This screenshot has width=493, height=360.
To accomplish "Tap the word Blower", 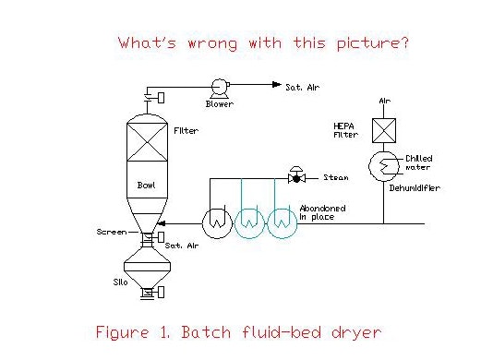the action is click(220, 103).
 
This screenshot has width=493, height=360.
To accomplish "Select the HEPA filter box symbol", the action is click(384, 130).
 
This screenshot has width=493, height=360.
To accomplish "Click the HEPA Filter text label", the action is click(345, 130).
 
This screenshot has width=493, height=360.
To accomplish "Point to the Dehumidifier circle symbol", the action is click(369, 166).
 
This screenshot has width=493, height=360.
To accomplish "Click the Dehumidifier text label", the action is click(415, 188).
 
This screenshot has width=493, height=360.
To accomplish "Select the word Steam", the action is click(336, 177).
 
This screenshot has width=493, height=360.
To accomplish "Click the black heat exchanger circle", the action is click(202, 224).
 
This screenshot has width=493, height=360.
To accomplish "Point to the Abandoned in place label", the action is click(322, 212).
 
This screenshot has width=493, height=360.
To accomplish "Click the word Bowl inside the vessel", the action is click(146, 186).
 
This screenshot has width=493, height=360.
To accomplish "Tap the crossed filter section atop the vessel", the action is click(147, 142).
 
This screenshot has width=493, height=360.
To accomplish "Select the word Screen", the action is click(112, 232).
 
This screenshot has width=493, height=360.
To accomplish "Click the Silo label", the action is click(120, 282).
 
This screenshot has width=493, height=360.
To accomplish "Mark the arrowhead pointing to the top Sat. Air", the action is click(277, 84).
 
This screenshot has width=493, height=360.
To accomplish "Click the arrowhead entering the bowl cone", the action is click(161, 223).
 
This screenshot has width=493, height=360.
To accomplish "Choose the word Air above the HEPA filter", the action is click(385, 101).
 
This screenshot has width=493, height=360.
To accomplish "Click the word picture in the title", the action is click(373, 43).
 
